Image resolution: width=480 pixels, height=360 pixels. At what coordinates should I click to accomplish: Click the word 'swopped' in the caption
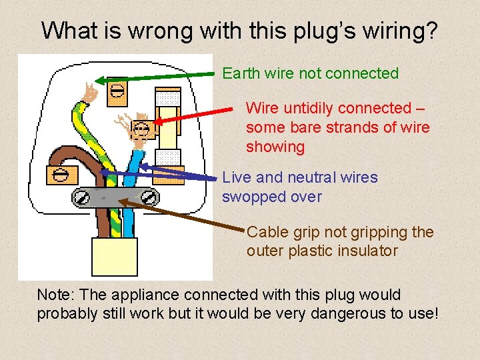click(x=252, y=197)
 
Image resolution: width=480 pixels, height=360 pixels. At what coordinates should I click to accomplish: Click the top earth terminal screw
click(x=117, y=89)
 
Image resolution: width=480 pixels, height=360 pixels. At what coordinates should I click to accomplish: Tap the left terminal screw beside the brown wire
click(x=60, y=175)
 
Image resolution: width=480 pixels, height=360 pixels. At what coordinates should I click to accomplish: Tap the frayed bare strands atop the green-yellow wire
click(x=90, y=94)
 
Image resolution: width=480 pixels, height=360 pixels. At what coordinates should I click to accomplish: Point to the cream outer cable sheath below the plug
click(x=115, y=257)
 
